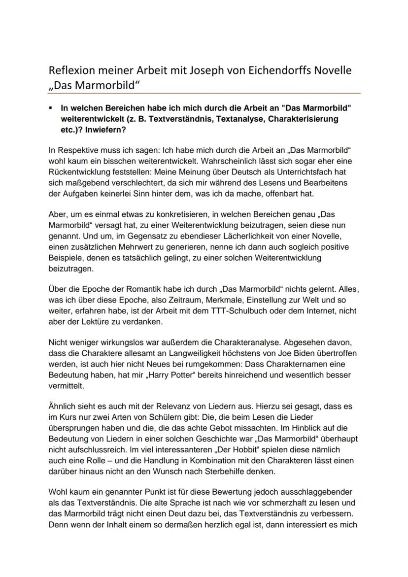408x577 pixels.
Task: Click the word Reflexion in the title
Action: [x=76, y=70]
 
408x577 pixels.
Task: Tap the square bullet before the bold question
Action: [x=51, y=107]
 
